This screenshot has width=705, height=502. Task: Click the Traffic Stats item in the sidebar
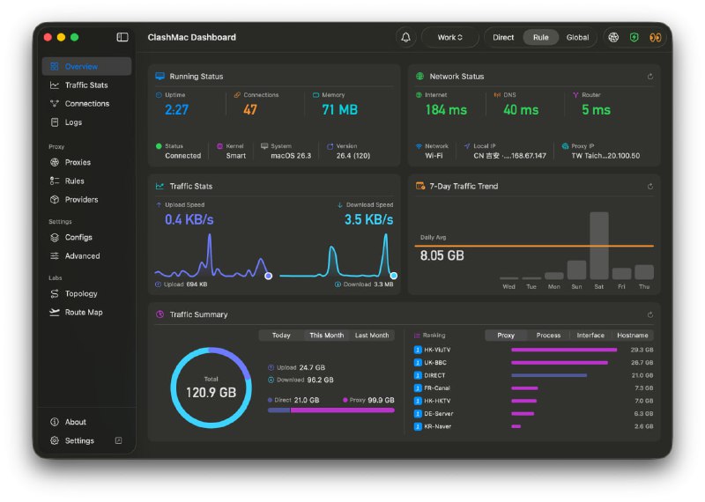point(85,85)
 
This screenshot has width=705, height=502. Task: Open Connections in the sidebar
point(86,104)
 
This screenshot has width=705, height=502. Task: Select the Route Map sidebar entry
point(83,313)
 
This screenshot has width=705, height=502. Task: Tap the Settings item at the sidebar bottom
point(79,440)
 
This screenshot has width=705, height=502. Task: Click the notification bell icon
point(405,37)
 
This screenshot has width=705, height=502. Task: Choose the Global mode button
point(577,37)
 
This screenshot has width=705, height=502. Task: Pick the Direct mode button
point(503,37)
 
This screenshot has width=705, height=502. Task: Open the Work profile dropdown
point(449,37)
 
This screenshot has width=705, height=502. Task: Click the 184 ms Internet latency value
point(446,110)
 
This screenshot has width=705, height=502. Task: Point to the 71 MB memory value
point(339,110)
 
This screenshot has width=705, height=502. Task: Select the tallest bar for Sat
point(599,245)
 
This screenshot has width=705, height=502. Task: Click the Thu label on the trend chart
point(644,287)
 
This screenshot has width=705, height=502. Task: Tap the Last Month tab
point(372,336)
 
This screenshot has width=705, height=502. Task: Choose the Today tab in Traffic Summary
point(281,336)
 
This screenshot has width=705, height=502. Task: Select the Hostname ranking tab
point(633,336)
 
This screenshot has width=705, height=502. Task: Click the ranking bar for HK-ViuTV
point(563,350)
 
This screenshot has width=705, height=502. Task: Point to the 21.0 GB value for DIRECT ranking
point(642,375)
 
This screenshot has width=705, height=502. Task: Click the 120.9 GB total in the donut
point(211,393)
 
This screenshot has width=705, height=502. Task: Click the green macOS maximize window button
point(75,37)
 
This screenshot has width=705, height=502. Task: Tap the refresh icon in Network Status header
point(649,77)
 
